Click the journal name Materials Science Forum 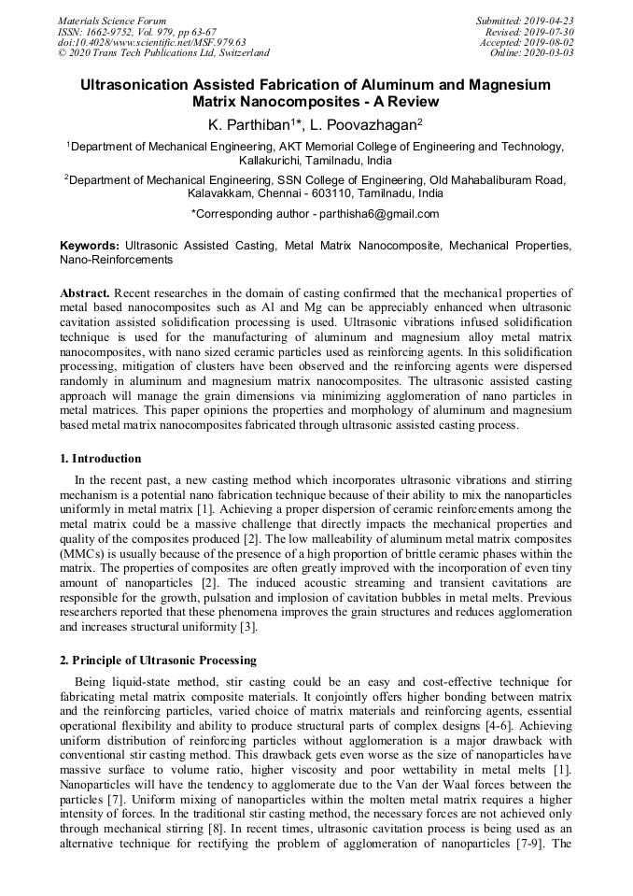point(112,21)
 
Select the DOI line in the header point(151,42)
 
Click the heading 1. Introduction point(100,459)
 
